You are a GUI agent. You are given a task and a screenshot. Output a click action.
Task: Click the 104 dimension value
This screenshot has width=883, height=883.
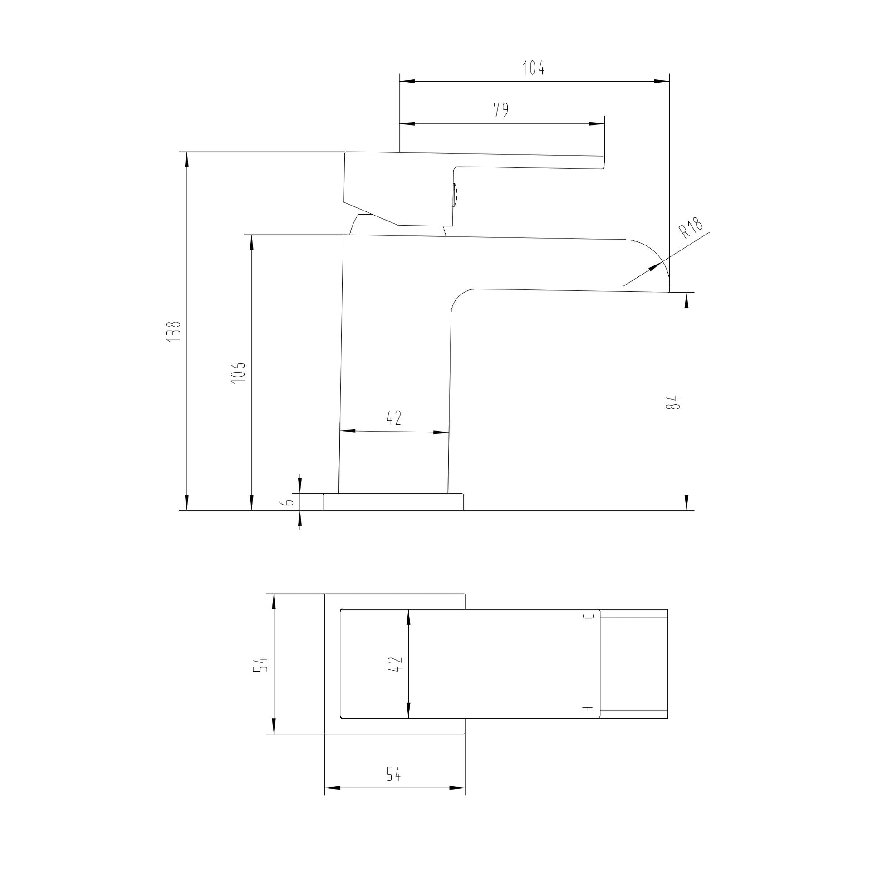tap(533, 68)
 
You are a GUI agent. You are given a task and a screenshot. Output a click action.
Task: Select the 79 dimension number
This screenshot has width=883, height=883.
tap(501, 110)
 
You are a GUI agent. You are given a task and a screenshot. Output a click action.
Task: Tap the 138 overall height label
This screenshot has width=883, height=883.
tap(174, 331)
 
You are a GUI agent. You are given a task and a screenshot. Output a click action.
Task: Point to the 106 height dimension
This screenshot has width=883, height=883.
tap(239, 373)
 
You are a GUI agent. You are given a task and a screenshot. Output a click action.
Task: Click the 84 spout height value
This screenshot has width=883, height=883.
tap(673, 402)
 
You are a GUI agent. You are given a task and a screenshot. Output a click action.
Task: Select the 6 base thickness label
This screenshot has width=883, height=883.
tap(289, 502)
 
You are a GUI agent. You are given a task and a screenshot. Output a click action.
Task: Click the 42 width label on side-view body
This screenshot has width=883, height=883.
tap(393, 418)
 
